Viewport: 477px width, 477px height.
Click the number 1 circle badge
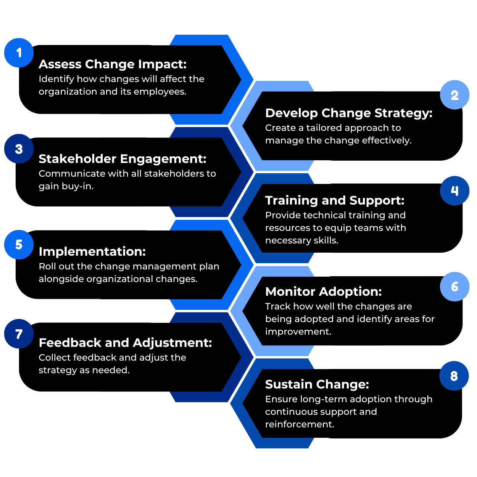[19, 53]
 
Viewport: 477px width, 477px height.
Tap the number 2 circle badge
[454, 95]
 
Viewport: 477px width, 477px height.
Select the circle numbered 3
[19, 149]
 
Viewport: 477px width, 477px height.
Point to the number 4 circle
[454, 190]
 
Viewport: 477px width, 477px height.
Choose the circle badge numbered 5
[19, 245]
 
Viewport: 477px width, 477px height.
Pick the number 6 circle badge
[454, 287]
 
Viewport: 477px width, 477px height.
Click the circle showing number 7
[19, 334]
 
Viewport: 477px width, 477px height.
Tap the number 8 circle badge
[454, 376]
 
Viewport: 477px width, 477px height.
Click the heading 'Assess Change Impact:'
[113, 64]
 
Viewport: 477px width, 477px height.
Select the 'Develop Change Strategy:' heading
[349, 113]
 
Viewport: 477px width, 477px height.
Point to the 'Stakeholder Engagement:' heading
[122, 159]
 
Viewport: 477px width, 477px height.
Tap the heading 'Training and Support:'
[335, 200]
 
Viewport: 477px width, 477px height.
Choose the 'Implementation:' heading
[92, 251]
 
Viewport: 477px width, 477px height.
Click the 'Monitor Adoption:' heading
[323, 292]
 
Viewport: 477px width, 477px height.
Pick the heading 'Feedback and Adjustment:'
[125, 343]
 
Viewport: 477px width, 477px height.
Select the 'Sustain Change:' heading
[317, 384]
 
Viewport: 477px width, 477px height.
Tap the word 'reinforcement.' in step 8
[300, 424]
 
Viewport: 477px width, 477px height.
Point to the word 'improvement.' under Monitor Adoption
[298, 332]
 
